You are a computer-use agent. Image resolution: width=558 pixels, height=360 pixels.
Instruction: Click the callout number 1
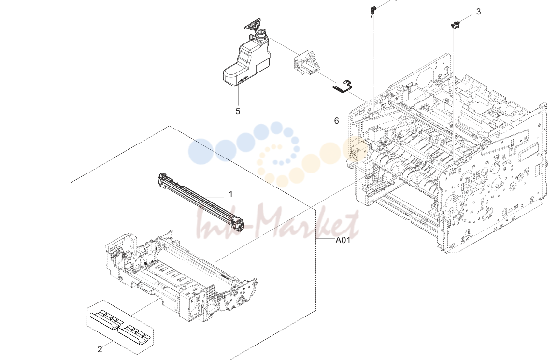click(x=230, y=194)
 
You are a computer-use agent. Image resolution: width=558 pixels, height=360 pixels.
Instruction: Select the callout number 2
click(x=100, y=349)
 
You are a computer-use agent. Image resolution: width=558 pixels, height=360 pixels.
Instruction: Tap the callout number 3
click(x=478, y=12)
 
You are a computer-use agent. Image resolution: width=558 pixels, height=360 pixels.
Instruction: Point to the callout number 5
click(x=238, y=111)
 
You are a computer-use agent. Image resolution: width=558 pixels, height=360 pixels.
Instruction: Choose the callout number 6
click(x=336, y=121)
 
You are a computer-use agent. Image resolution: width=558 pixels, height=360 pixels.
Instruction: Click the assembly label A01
click(x=343, y=240)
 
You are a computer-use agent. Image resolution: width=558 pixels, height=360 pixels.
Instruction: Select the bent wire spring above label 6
click(x=343, y=87)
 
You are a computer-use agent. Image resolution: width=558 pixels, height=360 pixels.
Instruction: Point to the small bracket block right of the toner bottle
click(x=305, y=63)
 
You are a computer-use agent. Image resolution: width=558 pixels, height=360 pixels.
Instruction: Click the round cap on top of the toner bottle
click(x=261, y=34)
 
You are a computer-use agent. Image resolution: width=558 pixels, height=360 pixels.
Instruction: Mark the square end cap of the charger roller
click(x=238, y=224)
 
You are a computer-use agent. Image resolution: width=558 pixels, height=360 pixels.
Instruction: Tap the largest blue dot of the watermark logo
click(x=200, y=151)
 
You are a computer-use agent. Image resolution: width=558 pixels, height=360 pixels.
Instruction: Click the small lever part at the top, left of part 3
click(x=372, y=12)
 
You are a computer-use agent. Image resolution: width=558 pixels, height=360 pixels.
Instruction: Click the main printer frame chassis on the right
click(x=446, y=153)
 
